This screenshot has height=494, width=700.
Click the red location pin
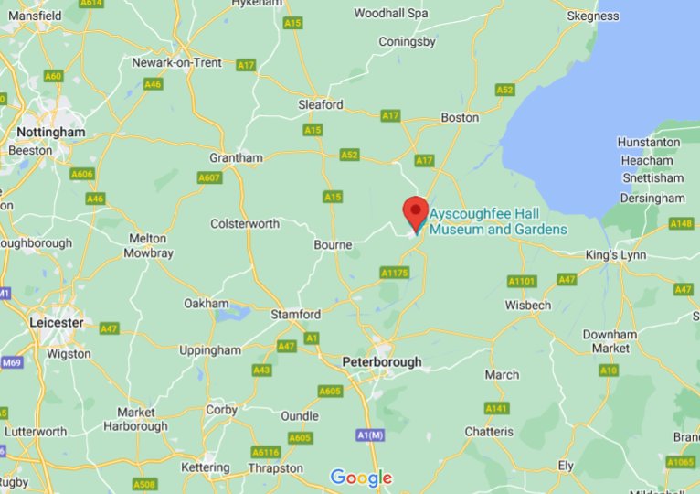click(416, 213)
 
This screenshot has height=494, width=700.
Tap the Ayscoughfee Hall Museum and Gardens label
click(498, 221)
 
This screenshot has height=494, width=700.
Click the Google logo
click(361, 478)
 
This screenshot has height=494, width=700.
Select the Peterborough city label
click(382, 362)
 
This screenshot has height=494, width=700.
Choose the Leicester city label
click(56, 322)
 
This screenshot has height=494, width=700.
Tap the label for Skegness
click(592, 16)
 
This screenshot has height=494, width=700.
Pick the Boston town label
click(460, 117)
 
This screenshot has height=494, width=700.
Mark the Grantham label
click(236, 157)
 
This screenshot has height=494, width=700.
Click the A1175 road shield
click(394, 273)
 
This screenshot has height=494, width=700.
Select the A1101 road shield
click(522, 281)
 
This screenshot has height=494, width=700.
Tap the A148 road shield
click(681, 223)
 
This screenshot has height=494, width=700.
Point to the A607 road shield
click(209, 177)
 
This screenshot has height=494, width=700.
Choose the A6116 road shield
click(265, 452)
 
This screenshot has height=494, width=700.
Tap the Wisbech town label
click(528, 305)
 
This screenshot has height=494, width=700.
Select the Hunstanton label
click(649, 142)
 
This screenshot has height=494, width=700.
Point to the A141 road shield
click(496, 408)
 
